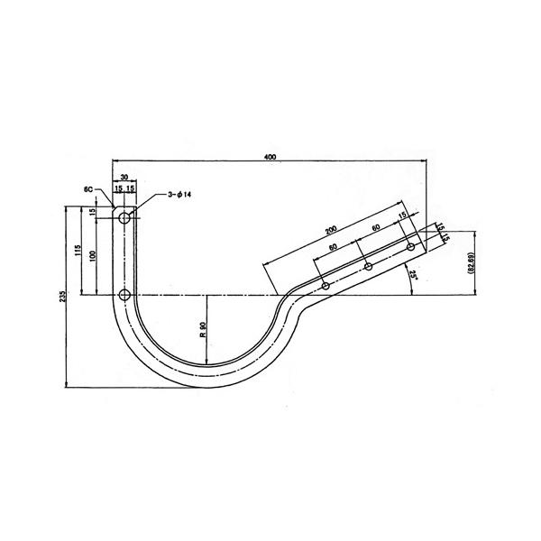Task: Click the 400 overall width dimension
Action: coord(270,157)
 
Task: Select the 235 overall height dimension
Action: coord(62,297)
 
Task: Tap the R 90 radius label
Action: coord(203,329)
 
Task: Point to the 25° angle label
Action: coord(412,275)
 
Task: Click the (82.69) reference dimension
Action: coord(472,263)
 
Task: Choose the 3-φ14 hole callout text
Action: coord(179,195)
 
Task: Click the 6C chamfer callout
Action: coord(88,189)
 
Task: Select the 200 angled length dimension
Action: coord(331,230)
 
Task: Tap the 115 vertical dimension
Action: coord(78,250)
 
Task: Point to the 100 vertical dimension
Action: coord(92,256)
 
